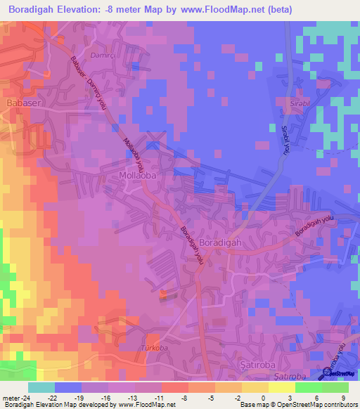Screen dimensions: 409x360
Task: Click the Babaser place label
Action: [x=20, y=103]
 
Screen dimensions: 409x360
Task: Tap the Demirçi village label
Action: [x=102, y=54]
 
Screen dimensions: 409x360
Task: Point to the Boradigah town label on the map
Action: [x=221, y=242]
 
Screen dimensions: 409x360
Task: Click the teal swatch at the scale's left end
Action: [x=41, y=387]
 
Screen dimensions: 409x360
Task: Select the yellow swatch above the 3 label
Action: [x=282, y=387]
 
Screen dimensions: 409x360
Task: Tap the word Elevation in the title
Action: [x=85, y=10]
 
